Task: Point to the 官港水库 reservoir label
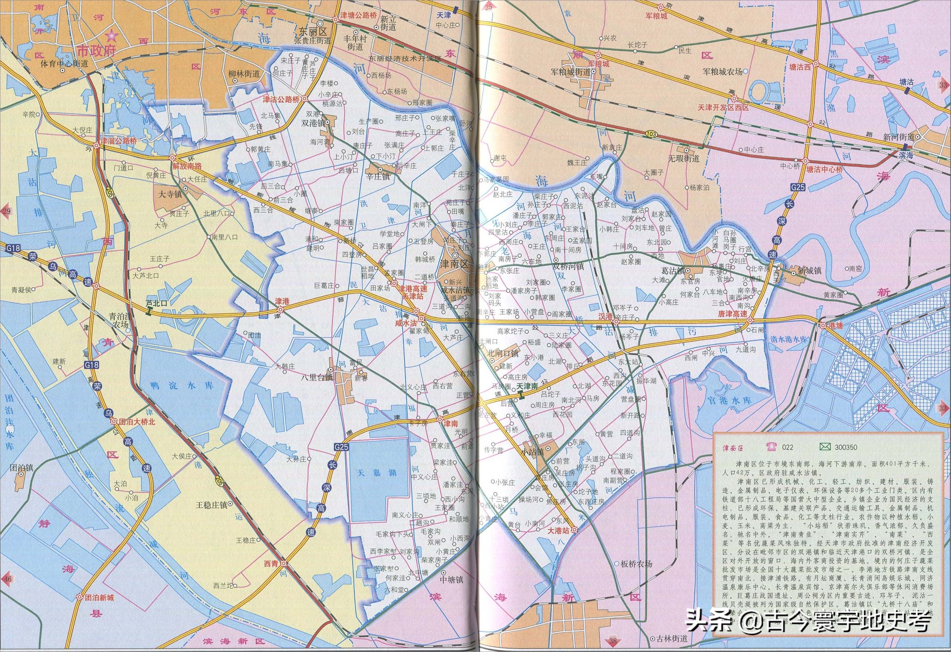point(730,399)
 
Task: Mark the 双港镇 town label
point(313,123)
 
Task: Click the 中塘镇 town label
point(451,580)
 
